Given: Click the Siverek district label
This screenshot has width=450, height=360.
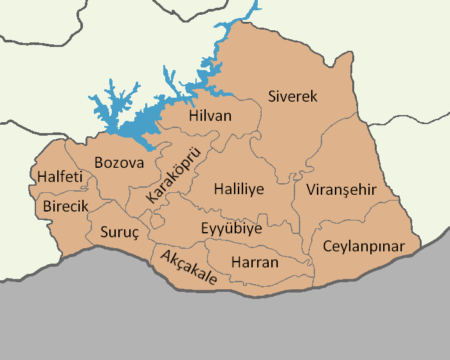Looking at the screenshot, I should click(x=292, y=97).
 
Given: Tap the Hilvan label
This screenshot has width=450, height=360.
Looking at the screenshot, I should click(x=210, y=117).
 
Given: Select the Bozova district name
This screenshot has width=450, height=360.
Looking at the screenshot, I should click(x=119, y=163).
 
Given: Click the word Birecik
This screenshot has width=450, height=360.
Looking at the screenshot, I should click(x=66, y=206).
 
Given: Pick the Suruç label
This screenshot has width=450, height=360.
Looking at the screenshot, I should click(x=120, y=232).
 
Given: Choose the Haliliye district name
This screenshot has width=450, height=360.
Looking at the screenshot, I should click(x=239, y=190).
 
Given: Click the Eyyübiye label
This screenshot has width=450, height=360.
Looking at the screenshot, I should click(x=231, y=229).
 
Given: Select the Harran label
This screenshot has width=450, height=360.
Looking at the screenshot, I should click(x=255, y=262).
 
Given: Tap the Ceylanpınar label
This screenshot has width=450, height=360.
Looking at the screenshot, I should click(x=364, y=246).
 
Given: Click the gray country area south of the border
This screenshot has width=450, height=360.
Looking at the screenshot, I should click(x=225, y=328).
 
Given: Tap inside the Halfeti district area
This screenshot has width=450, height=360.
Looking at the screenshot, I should click(x=48, y=161).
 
